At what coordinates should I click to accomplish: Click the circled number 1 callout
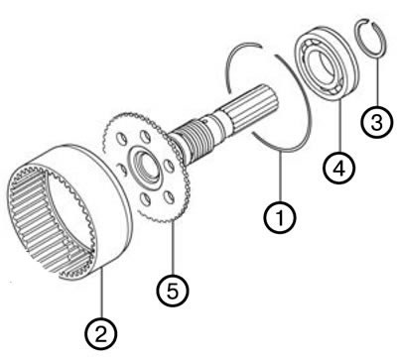280,217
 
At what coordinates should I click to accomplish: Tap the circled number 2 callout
101,334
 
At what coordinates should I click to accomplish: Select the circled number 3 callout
377,121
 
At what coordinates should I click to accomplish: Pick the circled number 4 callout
338,167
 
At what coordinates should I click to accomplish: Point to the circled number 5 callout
173,291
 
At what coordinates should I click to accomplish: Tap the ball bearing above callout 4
327,62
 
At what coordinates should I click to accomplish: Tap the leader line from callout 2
102,294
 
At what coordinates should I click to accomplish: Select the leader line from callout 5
173,248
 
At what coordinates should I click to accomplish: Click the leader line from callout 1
280,176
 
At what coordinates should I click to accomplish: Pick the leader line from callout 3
376,81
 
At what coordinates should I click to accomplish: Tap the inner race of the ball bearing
327,62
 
